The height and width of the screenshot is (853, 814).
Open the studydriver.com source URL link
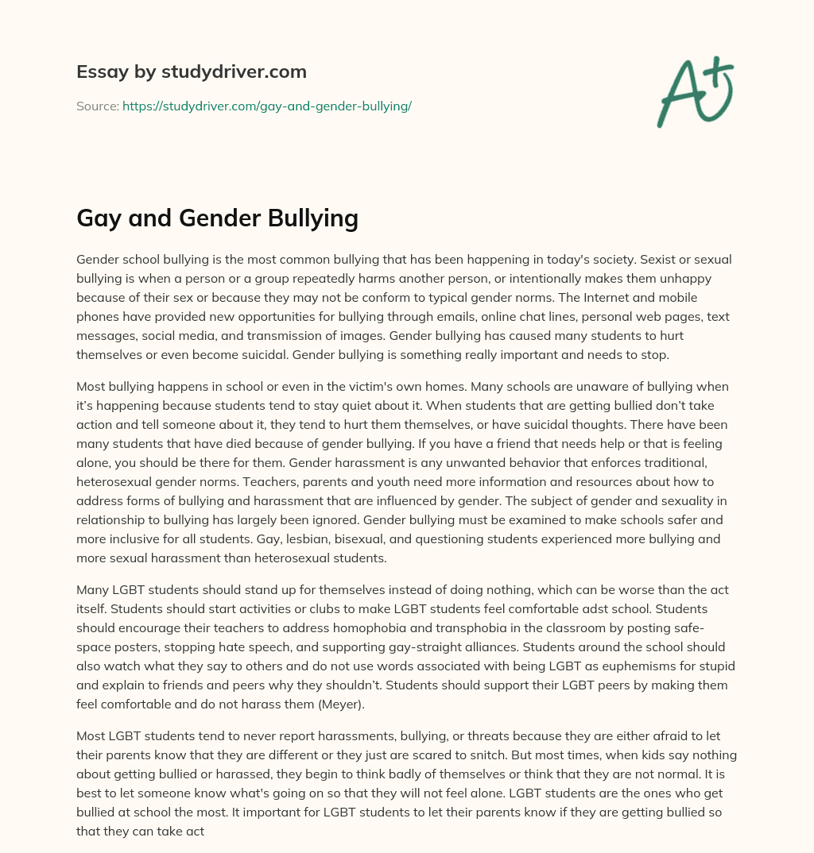click(267, 106)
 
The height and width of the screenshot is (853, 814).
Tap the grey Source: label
click(97, 106)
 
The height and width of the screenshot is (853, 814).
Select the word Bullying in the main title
click(315, 218)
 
